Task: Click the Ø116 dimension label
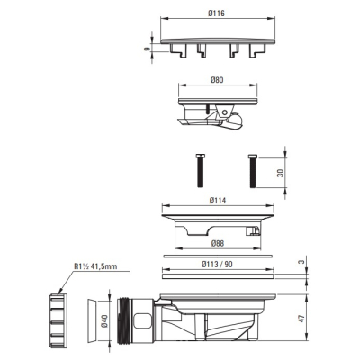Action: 216,13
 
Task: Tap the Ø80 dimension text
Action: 217,80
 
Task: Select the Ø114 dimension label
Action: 218,201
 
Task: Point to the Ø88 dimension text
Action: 217,243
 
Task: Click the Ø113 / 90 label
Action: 217,265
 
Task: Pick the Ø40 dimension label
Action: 103,320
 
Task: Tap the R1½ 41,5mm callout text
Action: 95,266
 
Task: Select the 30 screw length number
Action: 280,173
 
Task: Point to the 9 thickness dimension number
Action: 147,49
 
